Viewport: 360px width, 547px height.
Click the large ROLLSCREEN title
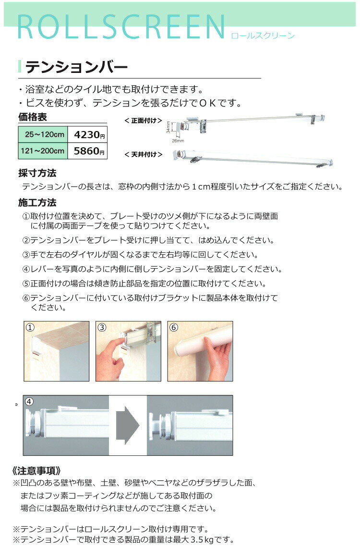point(121,27)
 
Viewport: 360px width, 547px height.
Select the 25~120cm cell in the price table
point(43,134)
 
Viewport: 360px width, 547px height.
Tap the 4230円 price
point(89,135)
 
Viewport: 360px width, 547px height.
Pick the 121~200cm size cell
point(43,151)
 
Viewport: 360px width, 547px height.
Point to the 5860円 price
point(89,151)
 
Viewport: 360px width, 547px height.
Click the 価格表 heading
point(33,117)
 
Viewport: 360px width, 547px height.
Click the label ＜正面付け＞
point(144,120)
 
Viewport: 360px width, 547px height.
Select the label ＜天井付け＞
point(144,154)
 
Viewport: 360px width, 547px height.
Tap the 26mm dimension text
point(178,141)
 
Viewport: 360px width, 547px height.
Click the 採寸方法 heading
point(37,173)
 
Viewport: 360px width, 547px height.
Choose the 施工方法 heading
point(37,202)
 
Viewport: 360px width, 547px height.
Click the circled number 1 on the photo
point(30,328)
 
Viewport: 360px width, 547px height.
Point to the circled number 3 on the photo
point(102,328)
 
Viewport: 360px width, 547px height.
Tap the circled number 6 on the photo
point(174,328)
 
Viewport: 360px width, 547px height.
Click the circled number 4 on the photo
point(29,402)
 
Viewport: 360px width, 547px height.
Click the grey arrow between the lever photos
point(128,425)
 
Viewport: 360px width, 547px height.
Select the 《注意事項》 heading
point(36,471)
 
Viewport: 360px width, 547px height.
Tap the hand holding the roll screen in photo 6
point(218,359)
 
